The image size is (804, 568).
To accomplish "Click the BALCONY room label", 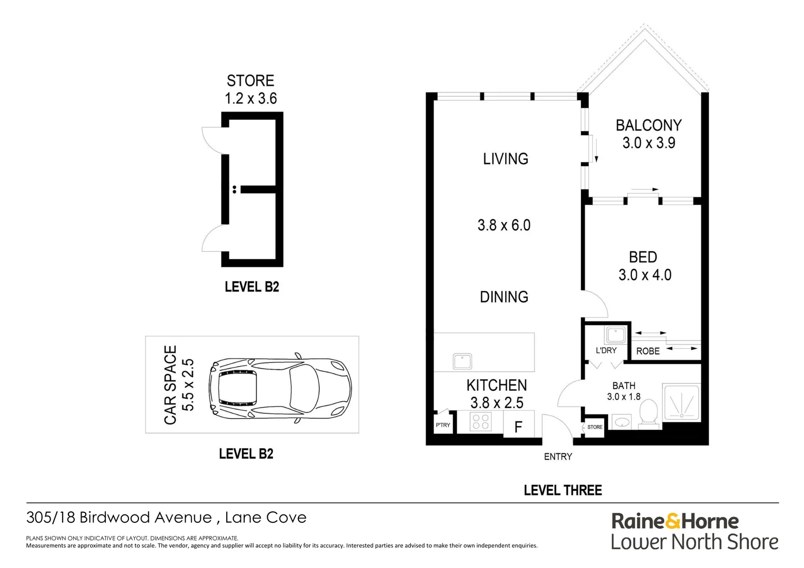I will coord(648,126).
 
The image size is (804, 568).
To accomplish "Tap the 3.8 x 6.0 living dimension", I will coord(504,226).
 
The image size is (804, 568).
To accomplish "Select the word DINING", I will coord(504,297).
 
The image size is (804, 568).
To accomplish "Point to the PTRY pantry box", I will coord(443,424).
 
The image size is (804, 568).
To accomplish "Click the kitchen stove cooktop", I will coord(480,422).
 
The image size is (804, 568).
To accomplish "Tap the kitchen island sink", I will coord(463,361).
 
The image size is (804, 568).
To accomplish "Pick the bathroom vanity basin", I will coord(622,422).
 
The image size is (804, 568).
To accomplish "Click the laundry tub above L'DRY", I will coord(615,335).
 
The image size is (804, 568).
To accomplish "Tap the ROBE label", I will coord(648,351).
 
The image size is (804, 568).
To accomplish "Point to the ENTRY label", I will coord(558,457).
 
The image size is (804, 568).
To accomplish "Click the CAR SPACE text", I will coord(170,385).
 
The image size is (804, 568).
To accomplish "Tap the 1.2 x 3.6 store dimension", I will coord(250,98).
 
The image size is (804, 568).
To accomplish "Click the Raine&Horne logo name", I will coord(675,521).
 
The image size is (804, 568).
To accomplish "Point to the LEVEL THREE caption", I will coord(562,490).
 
